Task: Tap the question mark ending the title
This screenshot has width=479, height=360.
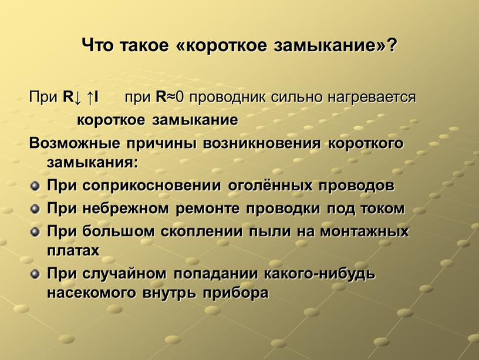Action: click(392, 45)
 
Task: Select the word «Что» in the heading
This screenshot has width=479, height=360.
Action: click(99, 45)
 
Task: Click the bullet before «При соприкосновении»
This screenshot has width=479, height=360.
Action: click(35, 186)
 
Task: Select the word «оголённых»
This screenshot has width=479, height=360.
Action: click(270, 185)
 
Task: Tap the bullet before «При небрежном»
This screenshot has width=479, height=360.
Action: click(35, 209)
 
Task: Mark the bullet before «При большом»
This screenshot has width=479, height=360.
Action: click(35, 232)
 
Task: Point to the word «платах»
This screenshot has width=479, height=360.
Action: click(73, 251)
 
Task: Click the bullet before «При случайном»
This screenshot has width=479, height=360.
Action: click(35, 274)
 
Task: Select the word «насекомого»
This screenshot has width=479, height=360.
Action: click(92, 293)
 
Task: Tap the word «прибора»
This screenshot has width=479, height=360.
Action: click(236, 293)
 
